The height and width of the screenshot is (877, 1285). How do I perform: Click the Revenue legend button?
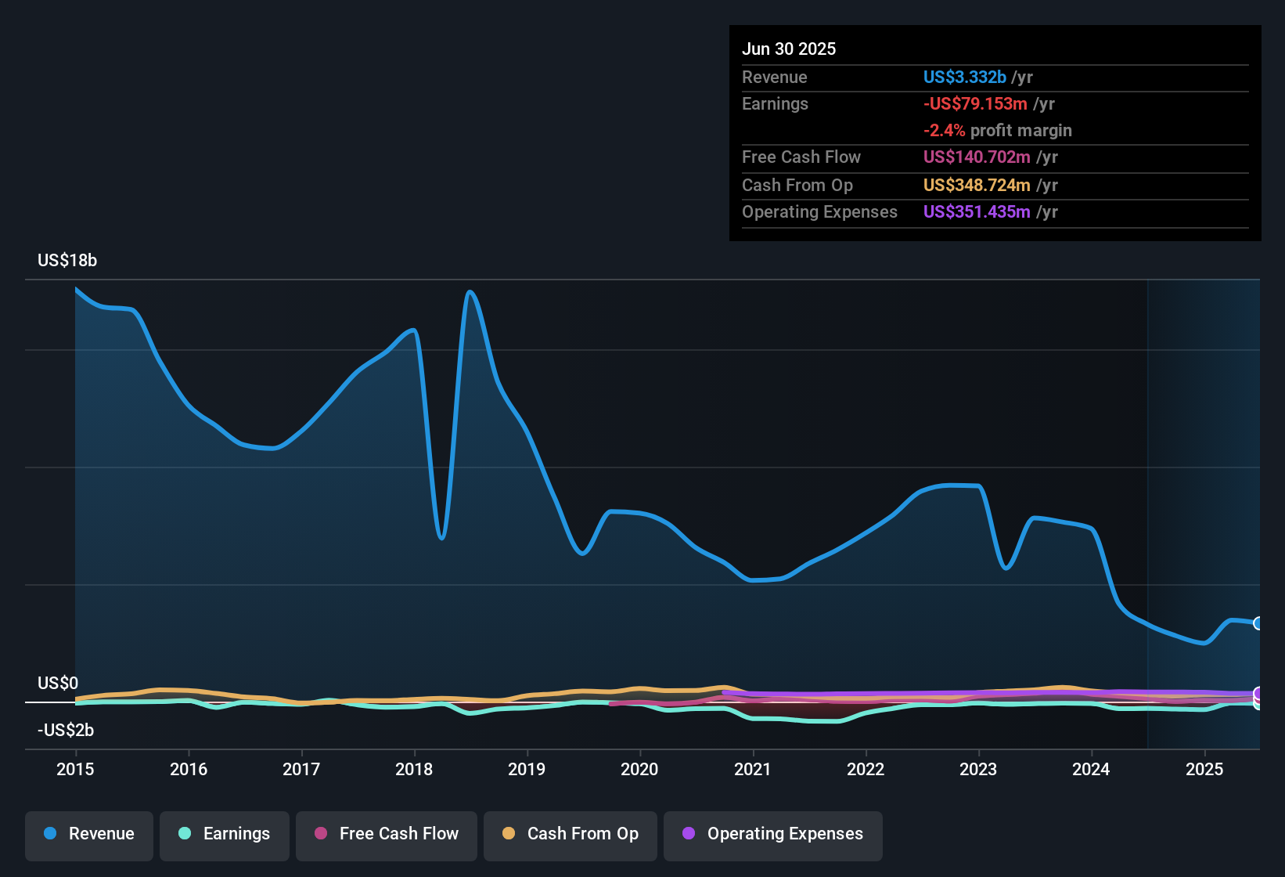tap(89, 834)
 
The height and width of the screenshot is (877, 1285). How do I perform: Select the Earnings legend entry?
tap(225, 834)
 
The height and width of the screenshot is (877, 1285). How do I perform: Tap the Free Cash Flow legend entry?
tap(387, 834)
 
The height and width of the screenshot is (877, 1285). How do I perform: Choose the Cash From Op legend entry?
tap(571, 834)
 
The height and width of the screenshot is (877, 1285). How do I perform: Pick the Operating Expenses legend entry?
tap(773, 834)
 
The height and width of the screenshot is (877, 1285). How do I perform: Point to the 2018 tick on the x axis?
tap(414, 769)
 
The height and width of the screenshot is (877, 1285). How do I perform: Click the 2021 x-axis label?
tap(752, 769)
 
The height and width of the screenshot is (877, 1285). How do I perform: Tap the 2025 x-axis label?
tap(1204, 769)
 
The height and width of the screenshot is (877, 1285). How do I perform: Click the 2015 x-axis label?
tap(75, 769)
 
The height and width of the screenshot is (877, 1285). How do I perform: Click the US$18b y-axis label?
tap(67, 261)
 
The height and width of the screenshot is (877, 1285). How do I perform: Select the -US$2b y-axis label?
tap(66, 731)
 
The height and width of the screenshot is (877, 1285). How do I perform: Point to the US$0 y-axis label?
tap(58, 684)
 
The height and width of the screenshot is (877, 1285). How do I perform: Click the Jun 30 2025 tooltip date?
tap(789, 49)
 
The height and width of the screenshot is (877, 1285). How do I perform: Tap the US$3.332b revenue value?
tap(964, 78)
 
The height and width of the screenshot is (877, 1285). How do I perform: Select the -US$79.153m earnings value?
tap(975, 104)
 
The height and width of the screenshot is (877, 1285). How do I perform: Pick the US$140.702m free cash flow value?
tap(977, 157)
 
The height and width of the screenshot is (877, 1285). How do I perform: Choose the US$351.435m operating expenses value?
tap(977, 212)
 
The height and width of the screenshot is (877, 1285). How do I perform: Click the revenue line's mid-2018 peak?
tap(470, 292)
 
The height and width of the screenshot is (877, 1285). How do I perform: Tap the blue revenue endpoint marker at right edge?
tap(1258, 623)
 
